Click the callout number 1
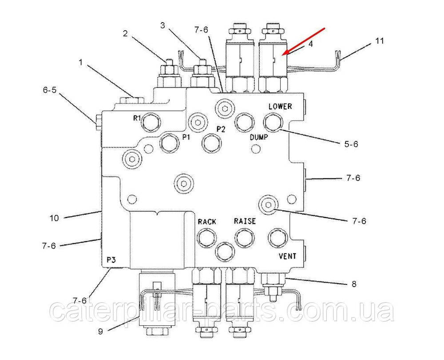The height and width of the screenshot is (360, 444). click(x=81, y=63)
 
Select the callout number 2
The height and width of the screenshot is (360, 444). click(x=126, y=33)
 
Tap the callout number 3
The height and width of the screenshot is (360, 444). click(x=163, y=26)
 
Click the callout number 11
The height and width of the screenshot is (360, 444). click(x=379, y=41)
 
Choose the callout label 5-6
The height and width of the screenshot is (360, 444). click(x=351, y=144)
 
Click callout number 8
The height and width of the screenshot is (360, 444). click(x=354, y=284)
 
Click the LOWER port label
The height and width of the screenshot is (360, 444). click(x=280, y=107)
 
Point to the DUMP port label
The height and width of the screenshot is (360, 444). click(x=258, y=137)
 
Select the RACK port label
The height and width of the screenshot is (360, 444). click(x=207, y=221)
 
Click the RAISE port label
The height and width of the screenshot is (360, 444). click(x=245, y=221)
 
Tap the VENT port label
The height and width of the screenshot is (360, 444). click(x=287, y=256)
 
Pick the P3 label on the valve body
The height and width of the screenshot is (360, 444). click(x=111, y=260)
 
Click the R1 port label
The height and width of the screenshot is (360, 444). click(x=137, y=118)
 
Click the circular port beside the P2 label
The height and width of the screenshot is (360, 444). click(x=211, y=142)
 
